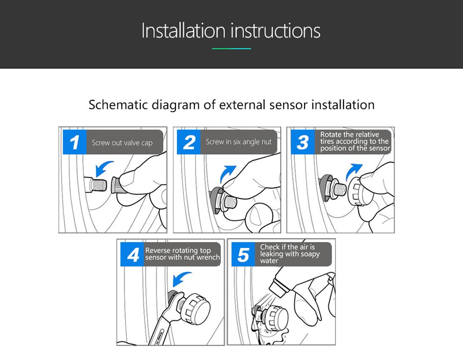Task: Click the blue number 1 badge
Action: point(75,142)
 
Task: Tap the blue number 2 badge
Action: point(189,142)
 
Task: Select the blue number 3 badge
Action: point(303,142)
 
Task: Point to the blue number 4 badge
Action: point(132,255)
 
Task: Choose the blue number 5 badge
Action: point(243,255)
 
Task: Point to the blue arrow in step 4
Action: point(180,278)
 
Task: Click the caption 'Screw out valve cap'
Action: point(122,143)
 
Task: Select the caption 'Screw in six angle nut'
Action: point(239,142)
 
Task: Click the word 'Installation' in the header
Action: point(184,30)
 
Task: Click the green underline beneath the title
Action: point(232,49)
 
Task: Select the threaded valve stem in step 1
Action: point(95,185)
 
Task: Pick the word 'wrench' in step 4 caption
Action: point(209,257)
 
